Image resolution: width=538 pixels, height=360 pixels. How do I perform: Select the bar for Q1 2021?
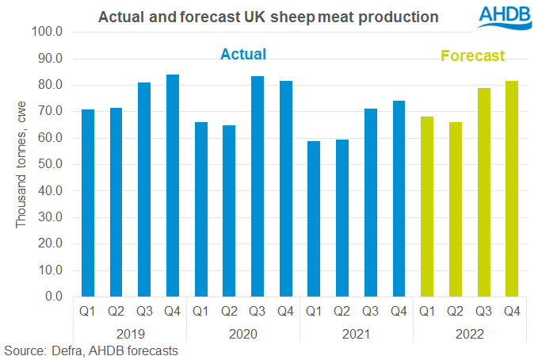tap(314, 219)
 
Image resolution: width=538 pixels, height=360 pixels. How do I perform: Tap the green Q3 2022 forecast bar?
tap(483, 192)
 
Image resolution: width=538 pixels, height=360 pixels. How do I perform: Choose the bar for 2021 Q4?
tap(399, 198)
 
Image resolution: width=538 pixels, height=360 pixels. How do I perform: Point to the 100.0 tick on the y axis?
tap(52, 32)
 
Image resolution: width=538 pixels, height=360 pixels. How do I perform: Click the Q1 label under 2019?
tap(87, 311)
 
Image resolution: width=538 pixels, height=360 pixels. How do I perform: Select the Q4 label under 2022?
tap(512, 311)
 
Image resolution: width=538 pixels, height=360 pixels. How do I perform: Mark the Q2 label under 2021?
tap(342, 311)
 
